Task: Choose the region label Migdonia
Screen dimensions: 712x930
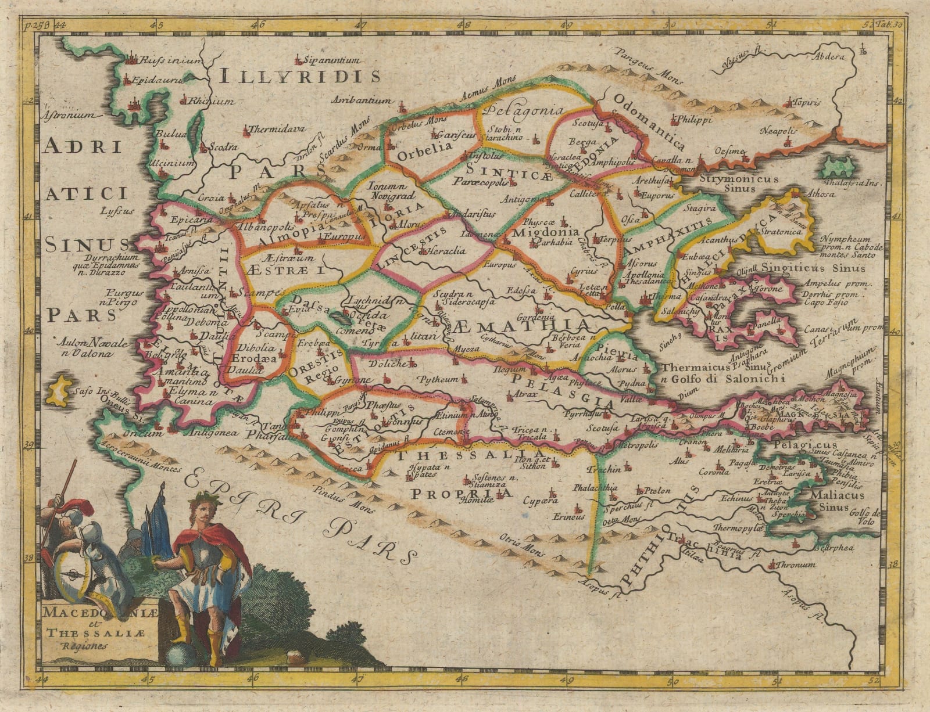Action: click(x=545, y=232)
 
